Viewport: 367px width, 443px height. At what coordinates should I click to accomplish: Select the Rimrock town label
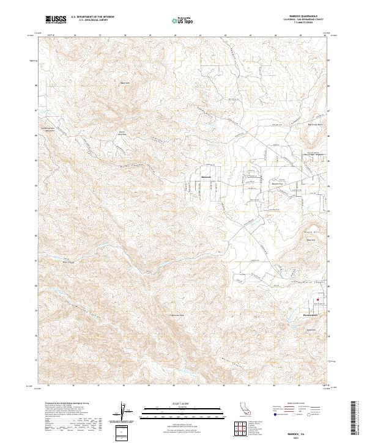point(206,178)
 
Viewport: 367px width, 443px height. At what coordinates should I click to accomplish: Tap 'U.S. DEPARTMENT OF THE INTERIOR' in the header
point(92,17)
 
